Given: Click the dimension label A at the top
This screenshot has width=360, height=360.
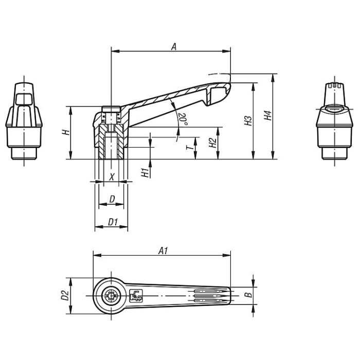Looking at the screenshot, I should (173, 46).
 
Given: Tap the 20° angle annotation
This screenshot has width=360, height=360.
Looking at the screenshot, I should (182, 118).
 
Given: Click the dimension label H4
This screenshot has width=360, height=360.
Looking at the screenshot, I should (267, 117).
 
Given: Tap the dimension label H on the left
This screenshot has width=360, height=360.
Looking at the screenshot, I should (65, 132).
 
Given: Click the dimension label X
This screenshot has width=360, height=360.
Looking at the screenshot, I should (112, 176).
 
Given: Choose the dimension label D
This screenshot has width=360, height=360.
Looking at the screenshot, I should (112, 199).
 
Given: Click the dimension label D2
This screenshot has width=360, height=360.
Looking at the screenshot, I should (65, 295).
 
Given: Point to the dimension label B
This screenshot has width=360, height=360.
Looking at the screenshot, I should (247, 295).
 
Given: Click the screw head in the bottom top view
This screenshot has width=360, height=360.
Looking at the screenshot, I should (111, 296).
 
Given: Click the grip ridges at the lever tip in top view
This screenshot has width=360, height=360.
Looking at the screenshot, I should (211, 295).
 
